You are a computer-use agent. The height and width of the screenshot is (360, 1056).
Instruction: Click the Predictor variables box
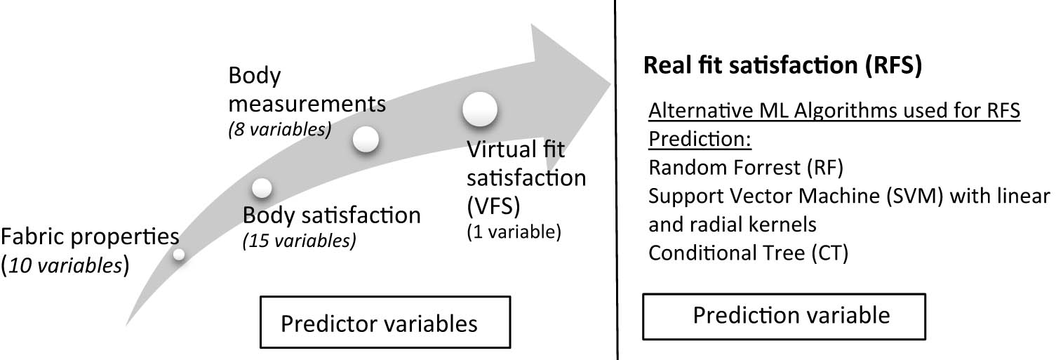[379, 324]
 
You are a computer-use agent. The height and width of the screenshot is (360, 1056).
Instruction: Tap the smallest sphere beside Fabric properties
[179, 255]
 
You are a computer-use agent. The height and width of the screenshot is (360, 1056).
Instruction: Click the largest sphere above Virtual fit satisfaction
[480, 110]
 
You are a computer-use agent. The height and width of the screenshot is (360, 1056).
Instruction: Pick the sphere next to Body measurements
[366, 139]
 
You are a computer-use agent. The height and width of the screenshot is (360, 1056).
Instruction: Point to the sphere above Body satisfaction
[261, 188]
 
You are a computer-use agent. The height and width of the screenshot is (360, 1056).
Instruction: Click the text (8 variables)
[279, 130]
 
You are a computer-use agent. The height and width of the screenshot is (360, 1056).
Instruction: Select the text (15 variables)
[299, 241]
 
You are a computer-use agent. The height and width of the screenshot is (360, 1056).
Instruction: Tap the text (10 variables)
[65, 267]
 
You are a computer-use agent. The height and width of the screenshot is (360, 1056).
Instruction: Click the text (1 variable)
[514, 233]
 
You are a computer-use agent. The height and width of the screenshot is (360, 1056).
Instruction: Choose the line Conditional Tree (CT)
[748, 253]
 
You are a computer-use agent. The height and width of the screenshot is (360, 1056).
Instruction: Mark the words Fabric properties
[89, 236]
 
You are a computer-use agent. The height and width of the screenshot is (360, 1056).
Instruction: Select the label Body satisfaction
[332, 215]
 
